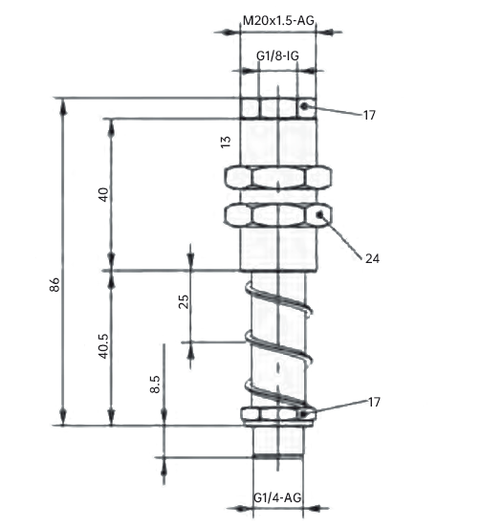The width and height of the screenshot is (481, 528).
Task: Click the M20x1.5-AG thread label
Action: pos(278,21)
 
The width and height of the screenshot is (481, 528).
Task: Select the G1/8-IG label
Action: pos(277,55)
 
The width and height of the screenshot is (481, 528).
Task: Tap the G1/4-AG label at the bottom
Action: pos(277,497)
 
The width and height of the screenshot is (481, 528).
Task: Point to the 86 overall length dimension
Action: pos(55,284)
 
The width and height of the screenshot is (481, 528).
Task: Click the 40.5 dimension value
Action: pos(103,346)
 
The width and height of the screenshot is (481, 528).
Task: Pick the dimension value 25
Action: pos(184,301)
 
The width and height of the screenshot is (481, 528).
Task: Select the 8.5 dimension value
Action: pos(155,385)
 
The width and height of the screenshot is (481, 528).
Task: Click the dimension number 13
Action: pos(226,142)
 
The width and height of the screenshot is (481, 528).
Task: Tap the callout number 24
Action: pos(372,258)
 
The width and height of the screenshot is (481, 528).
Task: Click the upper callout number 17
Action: pos(369,116)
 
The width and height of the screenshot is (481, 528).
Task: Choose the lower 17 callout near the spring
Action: pos(374,402)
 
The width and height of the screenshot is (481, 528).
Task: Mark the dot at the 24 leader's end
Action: pos(319,214)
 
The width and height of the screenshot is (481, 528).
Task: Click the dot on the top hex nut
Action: pos(304,106)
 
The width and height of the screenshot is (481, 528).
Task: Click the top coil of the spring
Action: pos(278,298)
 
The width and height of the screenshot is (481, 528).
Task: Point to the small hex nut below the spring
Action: pos(278,414)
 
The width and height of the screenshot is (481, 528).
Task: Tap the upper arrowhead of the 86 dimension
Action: pos(63,106)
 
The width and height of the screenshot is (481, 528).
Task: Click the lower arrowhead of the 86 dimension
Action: pos(63,417)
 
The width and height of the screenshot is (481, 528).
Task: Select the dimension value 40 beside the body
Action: pos(103,194)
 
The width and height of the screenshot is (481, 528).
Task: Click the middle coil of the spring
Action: pos(277,347)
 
